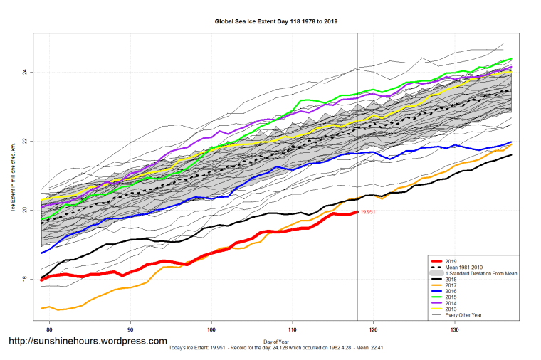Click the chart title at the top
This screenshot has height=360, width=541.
[x=276, y=21]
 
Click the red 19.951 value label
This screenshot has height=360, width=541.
[x=369, y=212]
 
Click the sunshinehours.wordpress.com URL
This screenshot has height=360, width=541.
[x=88, y=342]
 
